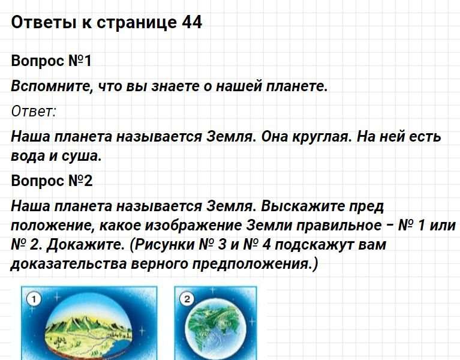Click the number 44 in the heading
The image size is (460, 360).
click(x=192, y=22)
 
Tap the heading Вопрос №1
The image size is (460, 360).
click(x=52, y=61)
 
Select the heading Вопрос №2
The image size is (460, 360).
click(x=52, y=181)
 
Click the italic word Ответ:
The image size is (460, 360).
click(x=34, y=112)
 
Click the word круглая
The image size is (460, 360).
click(x=321, y=137)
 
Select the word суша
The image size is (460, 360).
click(x=82, y=156)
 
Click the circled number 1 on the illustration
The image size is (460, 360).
click(x=34, y=299)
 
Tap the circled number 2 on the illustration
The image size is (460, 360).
click(x=187, y=299)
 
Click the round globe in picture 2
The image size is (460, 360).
click(x=215, y=330)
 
